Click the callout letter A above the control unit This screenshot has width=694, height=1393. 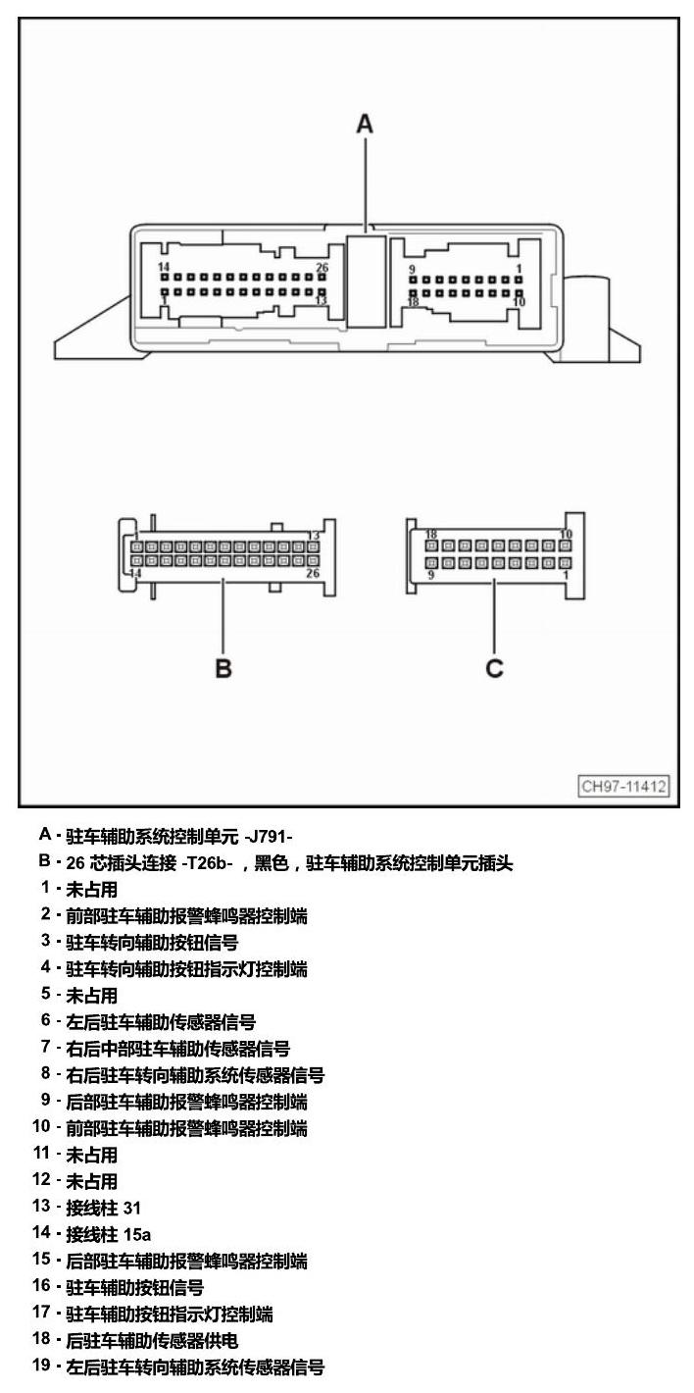[365, 124]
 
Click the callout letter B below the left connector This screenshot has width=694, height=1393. [223, 668]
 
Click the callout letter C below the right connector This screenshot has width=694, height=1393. [495, 668]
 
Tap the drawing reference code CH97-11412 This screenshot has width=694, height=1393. [623, 786]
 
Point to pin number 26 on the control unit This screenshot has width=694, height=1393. [322, 268]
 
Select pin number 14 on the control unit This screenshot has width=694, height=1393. [164, 267]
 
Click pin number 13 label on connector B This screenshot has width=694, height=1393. [313, 536]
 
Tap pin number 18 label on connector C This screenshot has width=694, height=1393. [431, 535]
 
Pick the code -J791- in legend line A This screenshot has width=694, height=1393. [269, 837]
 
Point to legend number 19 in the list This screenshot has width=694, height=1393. [41, 1366]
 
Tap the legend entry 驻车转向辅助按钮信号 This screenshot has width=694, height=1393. [152, 942]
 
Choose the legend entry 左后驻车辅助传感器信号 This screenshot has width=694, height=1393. [161, 1022]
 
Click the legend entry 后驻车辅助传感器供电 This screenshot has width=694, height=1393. [152, 1340]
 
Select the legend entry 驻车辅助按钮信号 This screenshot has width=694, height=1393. [135, 1287]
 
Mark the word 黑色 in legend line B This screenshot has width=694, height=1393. [272, 863]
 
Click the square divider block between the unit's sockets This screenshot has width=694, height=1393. [366, 281]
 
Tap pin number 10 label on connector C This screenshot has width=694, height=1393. [566, 535]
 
